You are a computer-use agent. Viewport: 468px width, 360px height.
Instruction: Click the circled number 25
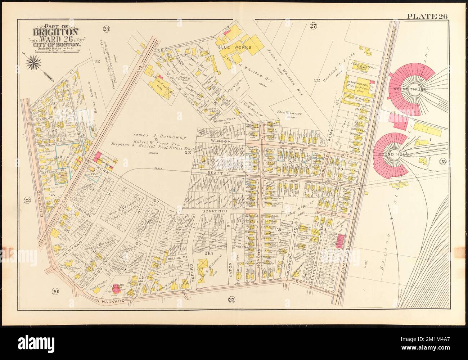tap(442, 162)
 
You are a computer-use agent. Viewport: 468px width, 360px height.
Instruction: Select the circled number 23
tap(231, 297)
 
